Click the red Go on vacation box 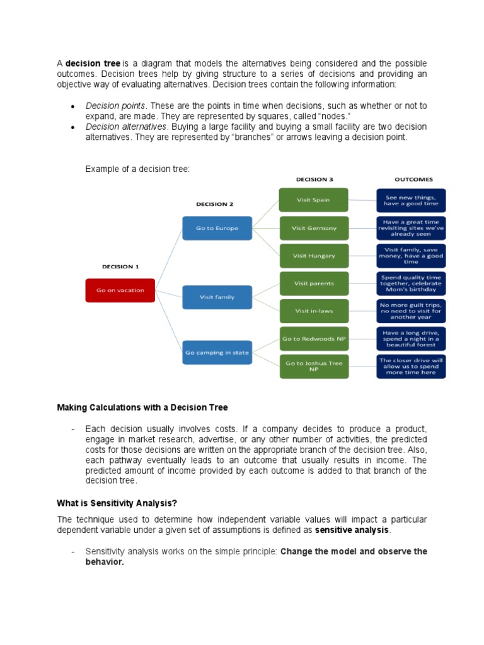coord(120,290)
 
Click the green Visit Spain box coord(313,200)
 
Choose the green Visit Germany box coord(313,228)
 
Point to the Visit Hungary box coord(313,256)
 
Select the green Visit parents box coord(313,283)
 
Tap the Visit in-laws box coord(313,311)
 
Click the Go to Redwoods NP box coord(313,339)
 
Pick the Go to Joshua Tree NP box coord(313,367)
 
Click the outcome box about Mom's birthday coord(411,283)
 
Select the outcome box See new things coord(411,200)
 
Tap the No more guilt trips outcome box coord(411,311)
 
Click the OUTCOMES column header coord(413,180)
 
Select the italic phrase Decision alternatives coord(126,127)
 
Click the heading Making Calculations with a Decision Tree coord(142,408)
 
